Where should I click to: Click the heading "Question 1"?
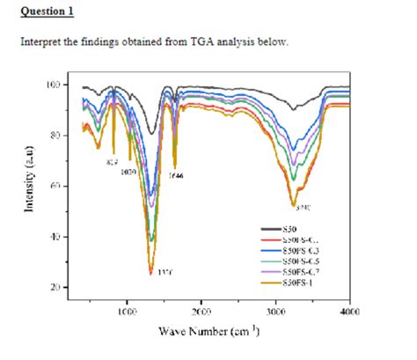pyautogui.click(x=48, y=11)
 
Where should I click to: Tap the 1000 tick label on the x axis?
pyautogui.click(x=127, y=312)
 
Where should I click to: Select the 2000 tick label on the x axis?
pyautogui.click(x=201, y=312)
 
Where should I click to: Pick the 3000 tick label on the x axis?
pyautogui.click(x=275, y=312)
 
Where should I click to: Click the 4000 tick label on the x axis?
pyautogui.click(x=349, y=312)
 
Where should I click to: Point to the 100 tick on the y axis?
pyautogui.click(x=55, y=85)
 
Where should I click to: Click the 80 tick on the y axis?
pyautogui.click(x=57, y=136)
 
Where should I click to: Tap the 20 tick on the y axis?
pyautogui.click(x=57, y=287)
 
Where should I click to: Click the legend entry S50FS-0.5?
pyautogui.click(x=299, y=261)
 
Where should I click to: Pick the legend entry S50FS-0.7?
pyautogui.click(x=299, y=271)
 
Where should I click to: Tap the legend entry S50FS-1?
pyautogui.click(x=296, y=282)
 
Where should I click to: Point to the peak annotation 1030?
pyautogui.click(x=129, y=171)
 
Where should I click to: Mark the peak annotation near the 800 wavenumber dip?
pyautogui.click(x=112, y=162)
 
